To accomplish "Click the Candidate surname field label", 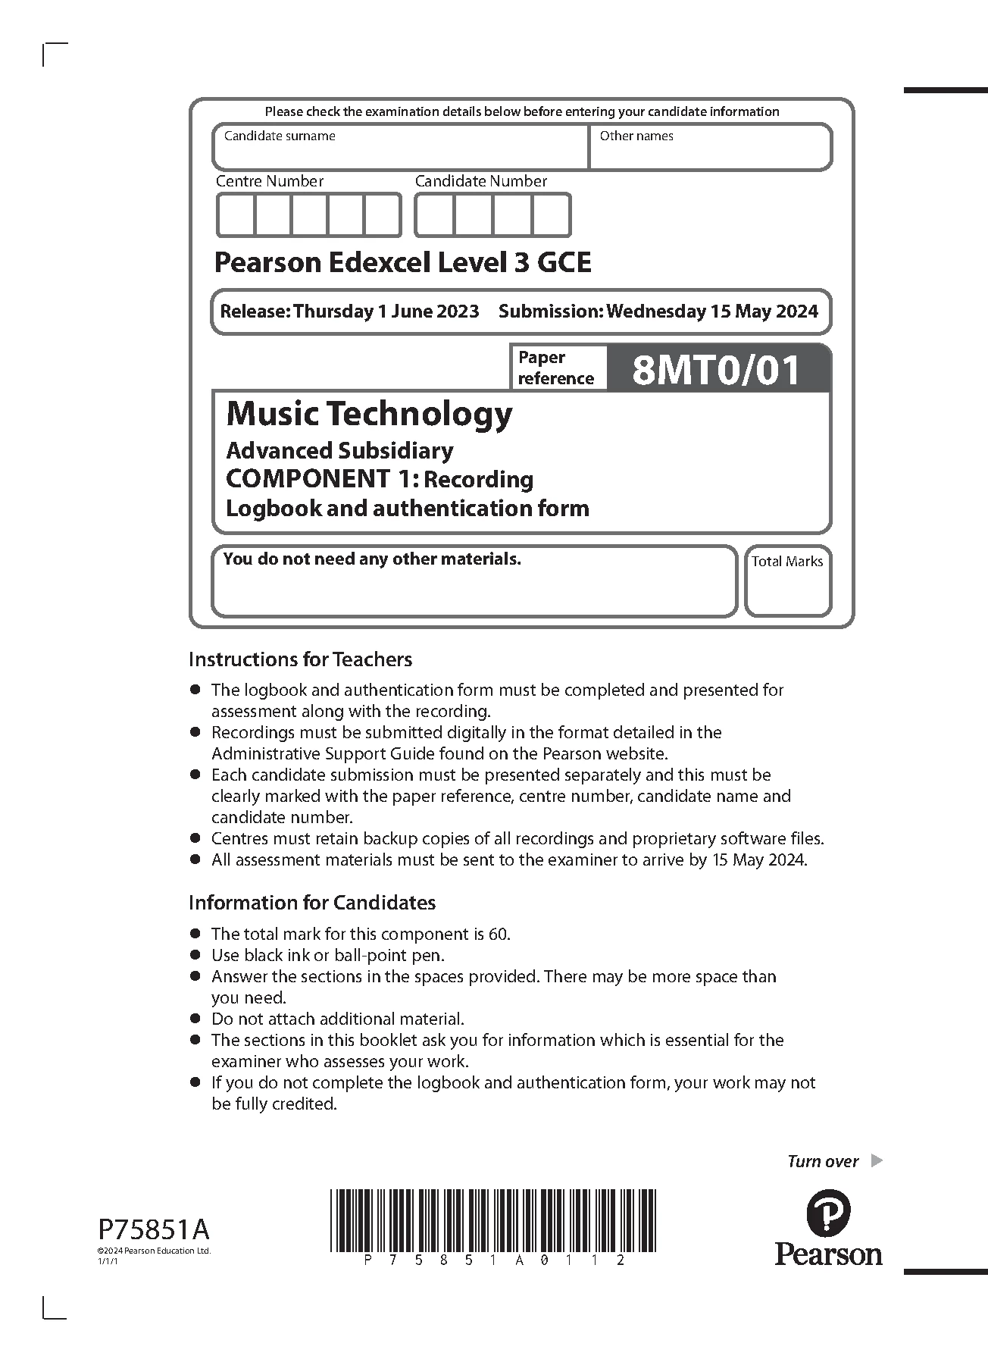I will (x=280, y=136).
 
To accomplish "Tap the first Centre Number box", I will (x=236, y=215).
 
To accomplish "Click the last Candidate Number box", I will (x=551, y=215).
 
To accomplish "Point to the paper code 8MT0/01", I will (x=716, y=371).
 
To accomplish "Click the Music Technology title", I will (x=369, y=415).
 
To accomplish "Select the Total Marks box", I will (x=787, y=582).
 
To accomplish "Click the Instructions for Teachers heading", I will (x=300, y=659).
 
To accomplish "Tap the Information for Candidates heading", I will (x=312, y=903).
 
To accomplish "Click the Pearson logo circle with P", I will (x=828, y=1213).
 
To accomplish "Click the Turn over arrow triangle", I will (x=877, y=1160).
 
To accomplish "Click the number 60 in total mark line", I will (x=499, y=934).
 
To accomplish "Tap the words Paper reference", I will (x=555, y=368).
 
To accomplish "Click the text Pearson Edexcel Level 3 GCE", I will (x=402, y=263).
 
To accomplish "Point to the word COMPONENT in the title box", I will (x=307, y=479).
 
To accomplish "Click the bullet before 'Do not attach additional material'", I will (x=195, y=1019).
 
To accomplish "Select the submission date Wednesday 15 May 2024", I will (x=712, y=312).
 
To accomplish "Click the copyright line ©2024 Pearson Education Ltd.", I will (x=154, y=1251).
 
